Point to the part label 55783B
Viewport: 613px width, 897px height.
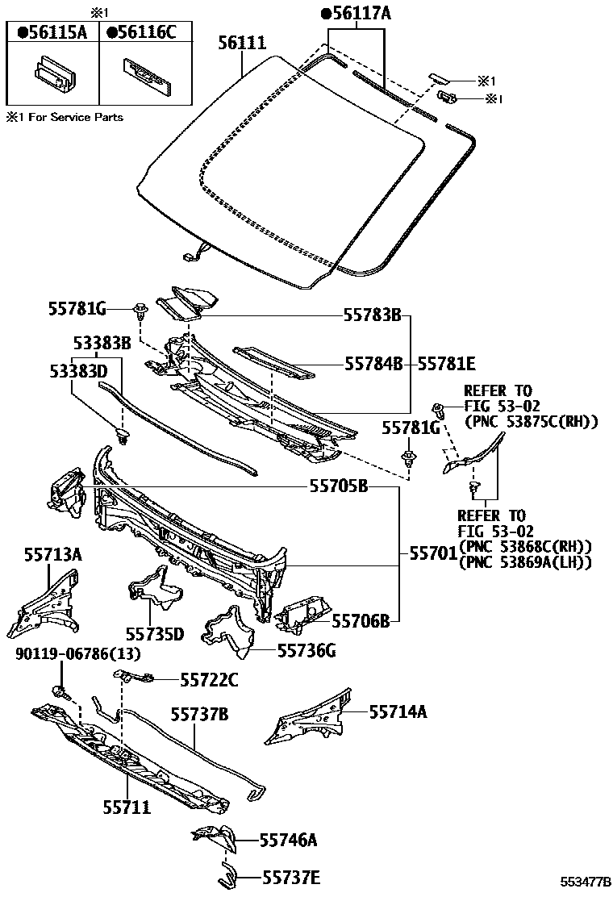click(373, 315)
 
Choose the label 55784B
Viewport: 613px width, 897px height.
click(373, 365)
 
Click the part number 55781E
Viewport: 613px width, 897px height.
click(447, 365)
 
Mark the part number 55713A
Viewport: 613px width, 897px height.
click(52, 555)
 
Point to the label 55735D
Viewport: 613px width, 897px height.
click(155, 634)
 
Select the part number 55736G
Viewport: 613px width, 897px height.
click(306, 649)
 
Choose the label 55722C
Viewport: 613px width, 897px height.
click(209, 681)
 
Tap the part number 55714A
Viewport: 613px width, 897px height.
click(398, 711)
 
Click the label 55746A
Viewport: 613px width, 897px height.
click(288, 841)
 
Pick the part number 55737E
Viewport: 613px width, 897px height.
click(288, 877)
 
